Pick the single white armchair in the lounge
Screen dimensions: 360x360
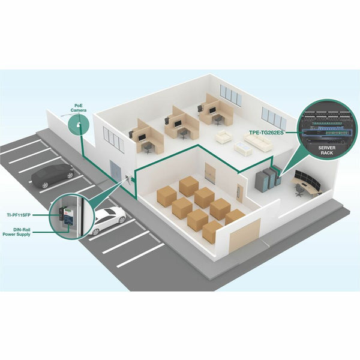(x=223, y=136)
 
